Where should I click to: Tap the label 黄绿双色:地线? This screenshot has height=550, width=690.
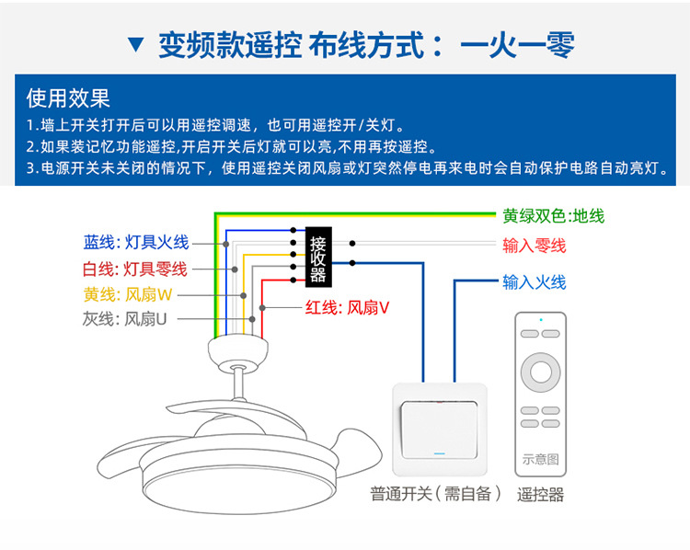(553, 217)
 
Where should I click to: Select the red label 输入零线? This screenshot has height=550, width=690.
(534, 246)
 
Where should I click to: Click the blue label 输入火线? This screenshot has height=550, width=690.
(534, 282)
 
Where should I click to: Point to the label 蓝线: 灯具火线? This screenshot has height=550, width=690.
(135, 242)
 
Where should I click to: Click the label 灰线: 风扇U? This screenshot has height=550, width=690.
(125, 319)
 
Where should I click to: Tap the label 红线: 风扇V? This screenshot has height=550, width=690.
(347, 309)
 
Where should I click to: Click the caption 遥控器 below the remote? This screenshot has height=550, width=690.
(540, 495)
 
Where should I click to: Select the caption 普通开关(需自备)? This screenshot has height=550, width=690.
(436, 495)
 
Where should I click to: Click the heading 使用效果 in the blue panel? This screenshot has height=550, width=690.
(68, 97)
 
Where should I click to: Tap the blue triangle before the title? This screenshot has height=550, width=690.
(136, 45)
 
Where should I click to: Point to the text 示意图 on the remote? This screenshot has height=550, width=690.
(541, 458)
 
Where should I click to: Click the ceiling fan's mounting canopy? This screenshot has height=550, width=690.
(237, 349)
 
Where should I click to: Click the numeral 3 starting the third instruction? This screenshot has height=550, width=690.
(30, 168)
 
